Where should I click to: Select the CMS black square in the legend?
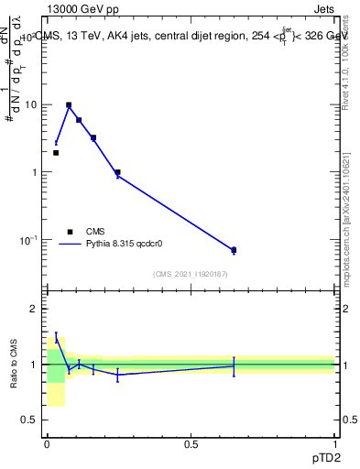point(70,232)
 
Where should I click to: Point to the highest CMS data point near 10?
point(69,105)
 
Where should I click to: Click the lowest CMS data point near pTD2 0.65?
point(234,250)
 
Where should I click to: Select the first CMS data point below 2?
point(56,153)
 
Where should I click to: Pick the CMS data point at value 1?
point(117,172)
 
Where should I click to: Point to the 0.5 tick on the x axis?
point(191,444)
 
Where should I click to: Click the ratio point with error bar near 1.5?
point(56,339)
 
